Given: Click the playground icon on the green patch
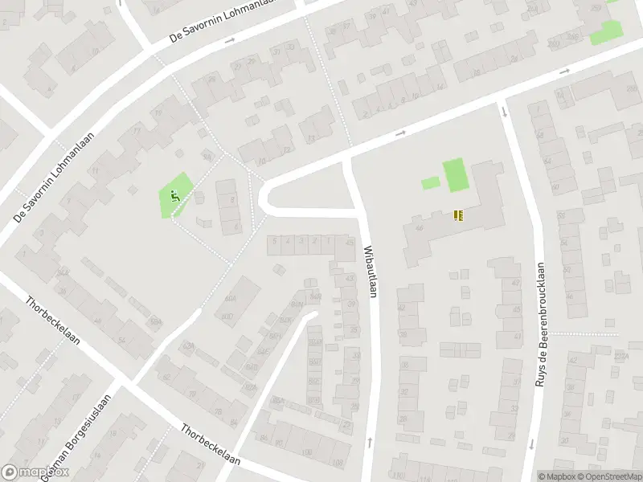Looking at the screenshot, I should pos(174,194).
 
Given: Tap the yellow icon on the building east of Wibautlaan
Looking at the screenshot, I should pos(458,215).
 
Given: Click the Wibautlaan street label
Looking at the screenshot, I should pos(370,272).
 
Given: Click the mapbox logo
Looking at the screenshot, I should pos(35,472).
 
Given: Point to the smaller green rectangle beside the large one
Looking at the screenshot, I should pos(431,182).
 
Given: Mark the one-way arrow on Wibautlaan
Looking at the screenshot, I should pos(369,441).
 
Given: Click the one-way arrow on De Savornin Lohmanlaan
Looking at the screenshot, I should pos(230,40).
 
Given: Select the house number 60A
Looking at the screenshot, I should pos(231,299).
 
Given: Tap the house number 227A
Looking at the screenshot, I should pos(620,356).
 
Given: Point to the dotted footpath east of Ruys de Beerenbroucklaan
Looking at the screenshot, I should pos(585,333).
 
